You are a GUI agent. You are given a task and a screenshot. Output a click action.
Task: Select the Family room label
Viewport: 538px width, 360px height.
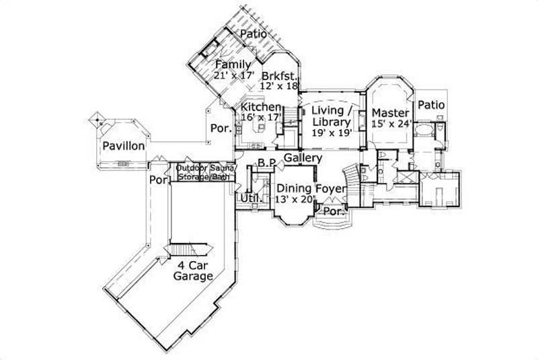(x=233, y=65)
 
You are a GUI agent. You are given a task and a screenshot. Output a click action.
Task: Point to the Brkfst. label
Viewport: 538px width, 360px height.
(x=280, y=75)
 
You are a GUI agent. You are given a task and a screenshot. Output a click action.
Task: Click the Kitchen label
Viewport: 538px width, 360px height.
(x=261, y=107)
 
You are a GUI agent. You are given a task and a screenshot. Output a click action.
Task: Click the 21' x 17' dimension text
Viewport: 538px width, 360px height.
(x=231, y=75)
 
